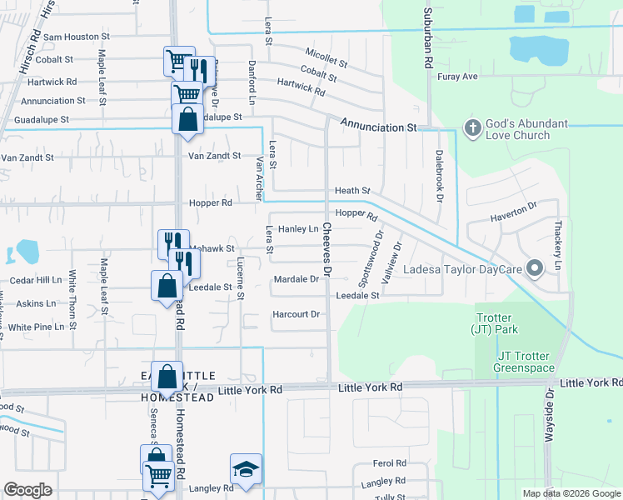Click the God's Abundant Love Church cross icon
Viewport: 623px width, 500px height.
pyautogui.click(x=472, y=128)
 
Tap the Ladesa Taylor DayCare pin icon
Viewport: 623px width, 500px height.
pyautogui.click(x=535, y=268)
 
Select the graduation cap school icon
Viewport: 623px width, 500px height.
pyautogui.click(x=246, y=470)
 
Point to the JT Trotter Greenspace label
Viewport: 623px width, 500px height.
pyautogui.click(x=524, y=361)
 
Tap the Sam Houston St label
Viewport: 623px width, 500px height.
pyautogui.click(x=77, y=37)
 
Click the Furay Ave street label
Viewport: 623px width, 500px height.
pyautogui.click(x=458, y=77)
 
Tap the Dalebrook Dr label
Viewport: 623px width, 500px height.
pyautogui.click(x=439, y=176)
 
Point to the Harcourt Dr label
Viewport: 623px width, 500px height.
pyautogui.click(x=297, y=314)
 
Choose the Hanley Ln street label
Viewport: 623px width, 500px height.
pyautogui.click(x=298, y=228)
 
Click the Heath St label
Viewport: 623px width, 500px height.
pyautogui.click(x=351, y=191)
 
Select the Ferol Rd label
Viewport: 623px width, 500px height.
pyautogui.click(x=388, y=463)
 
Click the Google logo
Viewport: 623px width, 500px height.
pyautogui.click(x=28, y=490)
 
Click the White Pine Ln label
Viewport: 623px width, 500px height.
pyautogui.click(x=36, y=327)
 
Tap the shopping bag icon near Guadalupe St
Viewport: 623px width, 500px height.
pyautogui.click(x=187, y=118)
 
